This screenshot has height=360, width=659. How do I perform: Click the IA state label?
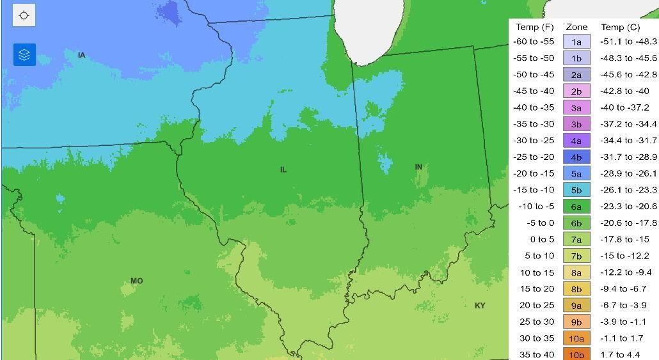[x=81, y=56]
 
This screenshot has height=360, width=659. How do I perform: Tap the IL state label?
[x=283, y=169]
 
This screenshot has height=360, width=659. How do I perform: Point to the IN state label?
[x=418, y=167]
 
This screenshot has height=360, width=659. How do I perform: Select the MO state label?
[x=137, y=281]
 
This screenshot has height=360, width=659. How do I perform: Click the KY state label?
[x=480, y=306]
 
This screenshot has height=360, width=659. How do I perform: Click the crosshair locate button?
[x=24, y=16]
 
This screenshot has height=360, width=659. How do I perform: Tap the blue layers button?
[x=24, y=55]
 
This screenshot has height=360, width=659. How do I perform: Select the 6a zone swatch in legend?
[x=576, y=207]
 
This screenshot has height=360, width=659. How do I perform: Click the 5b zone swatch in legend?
[x=576, y=190]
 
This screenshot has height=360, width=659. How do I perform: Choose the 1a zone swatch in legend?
[x=576, y=42]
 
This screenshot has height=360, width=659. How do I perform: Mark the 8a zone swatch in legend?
[x=576, y=272]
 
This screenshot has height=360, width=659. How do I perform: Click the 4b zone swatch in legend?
[x=576, y=157]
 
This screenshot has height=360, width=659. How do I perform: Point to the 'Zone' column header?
[x=576, y=27]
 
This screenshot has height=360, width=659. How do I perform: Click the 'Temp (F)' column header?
[x=534, y=27]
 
